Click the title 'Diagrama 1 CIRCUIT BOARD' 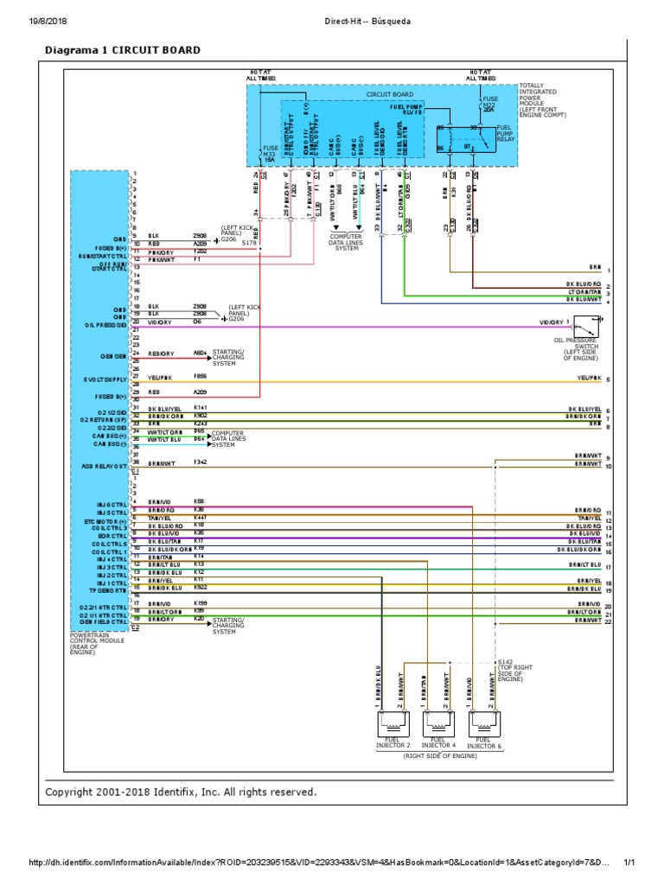pos(122,50)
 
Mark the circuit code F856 pos(200,377)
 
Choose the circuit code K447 pos(200,517)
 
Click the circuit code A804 pos(200,353)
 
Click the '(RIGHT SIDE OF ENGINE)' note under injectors pos(440,755)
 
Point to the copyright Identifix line pos(181,792)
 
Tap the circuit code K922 pos(200,587)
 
